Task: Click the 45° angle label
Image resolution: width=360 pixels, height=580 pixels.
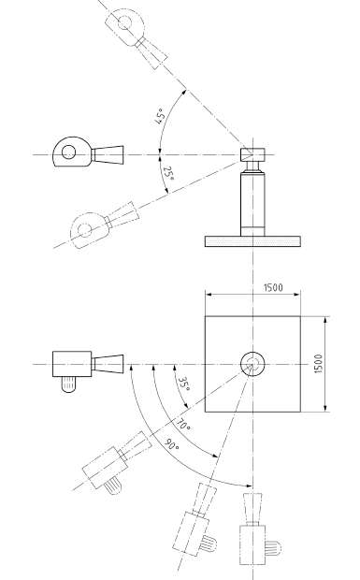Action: [159, 117]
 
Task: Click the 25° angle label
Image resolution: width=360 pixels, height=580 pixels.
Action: [168, 173]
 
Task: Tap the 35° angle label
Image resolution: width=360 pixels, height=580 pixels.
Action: [184, 384]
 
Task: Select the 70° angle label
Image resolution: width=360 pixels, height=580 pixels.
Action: [183, 425]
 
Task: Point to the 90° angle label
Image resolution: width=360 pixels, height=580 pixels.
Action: [171, 443]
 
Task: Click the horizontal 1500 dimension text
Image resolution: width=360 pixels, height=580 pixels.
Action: [273, 287]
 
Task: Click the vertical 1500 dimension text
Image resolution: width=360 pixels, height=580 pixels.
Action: [318, 364]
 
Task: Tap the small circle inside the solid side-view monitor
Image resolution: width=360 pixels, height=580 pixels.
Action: [68, 152]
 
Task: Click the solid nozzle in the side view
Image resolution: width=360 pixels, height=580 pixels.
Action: [108, 154]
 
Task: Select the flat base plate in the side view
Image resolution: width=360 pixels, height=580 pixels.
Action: [252, 241]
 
